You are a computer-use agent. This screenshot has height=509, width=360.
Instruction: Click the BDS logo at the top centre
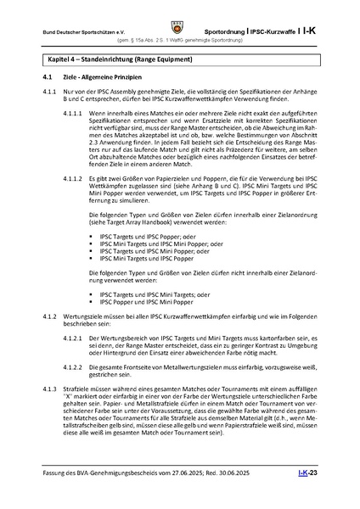coord(179,14)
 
